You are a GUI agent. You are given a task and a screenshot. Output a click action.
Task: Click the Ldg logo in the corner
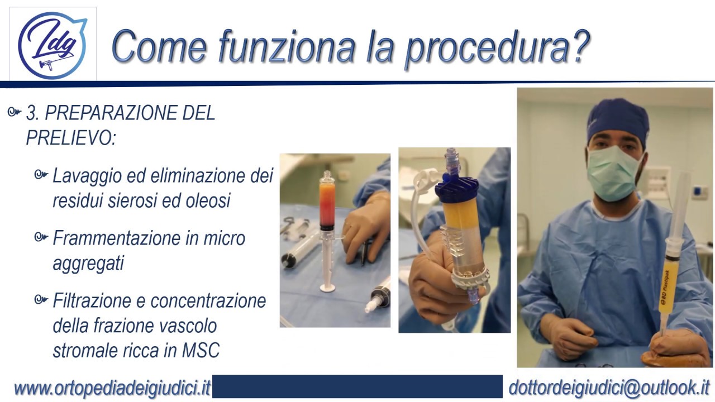pyautogui.click(x=53, y=44)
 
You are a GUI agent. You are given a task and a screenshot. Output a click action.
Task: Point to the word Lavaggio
pyautogui.click(x=85, y=176)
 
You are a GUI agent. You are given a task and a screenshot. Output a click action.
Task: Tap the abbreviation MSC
pyautogui.click(x=201, y=350)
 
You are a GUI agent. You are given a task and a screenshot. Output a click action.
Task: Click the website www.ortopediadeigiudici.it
pyautogui.click(x=112, y=387)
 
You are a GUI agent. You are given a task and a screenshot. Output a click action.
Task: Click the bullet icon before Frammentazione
pyautogui.click(x=40, y=238)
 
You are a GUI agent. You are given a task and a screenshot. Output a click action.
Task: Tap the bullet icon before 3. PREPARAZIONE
pyautogui.click(x=15, y=113)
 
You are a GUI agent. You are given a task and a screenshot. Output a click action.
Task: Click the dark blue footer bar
pyautogui.click(x=357, y=386)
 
